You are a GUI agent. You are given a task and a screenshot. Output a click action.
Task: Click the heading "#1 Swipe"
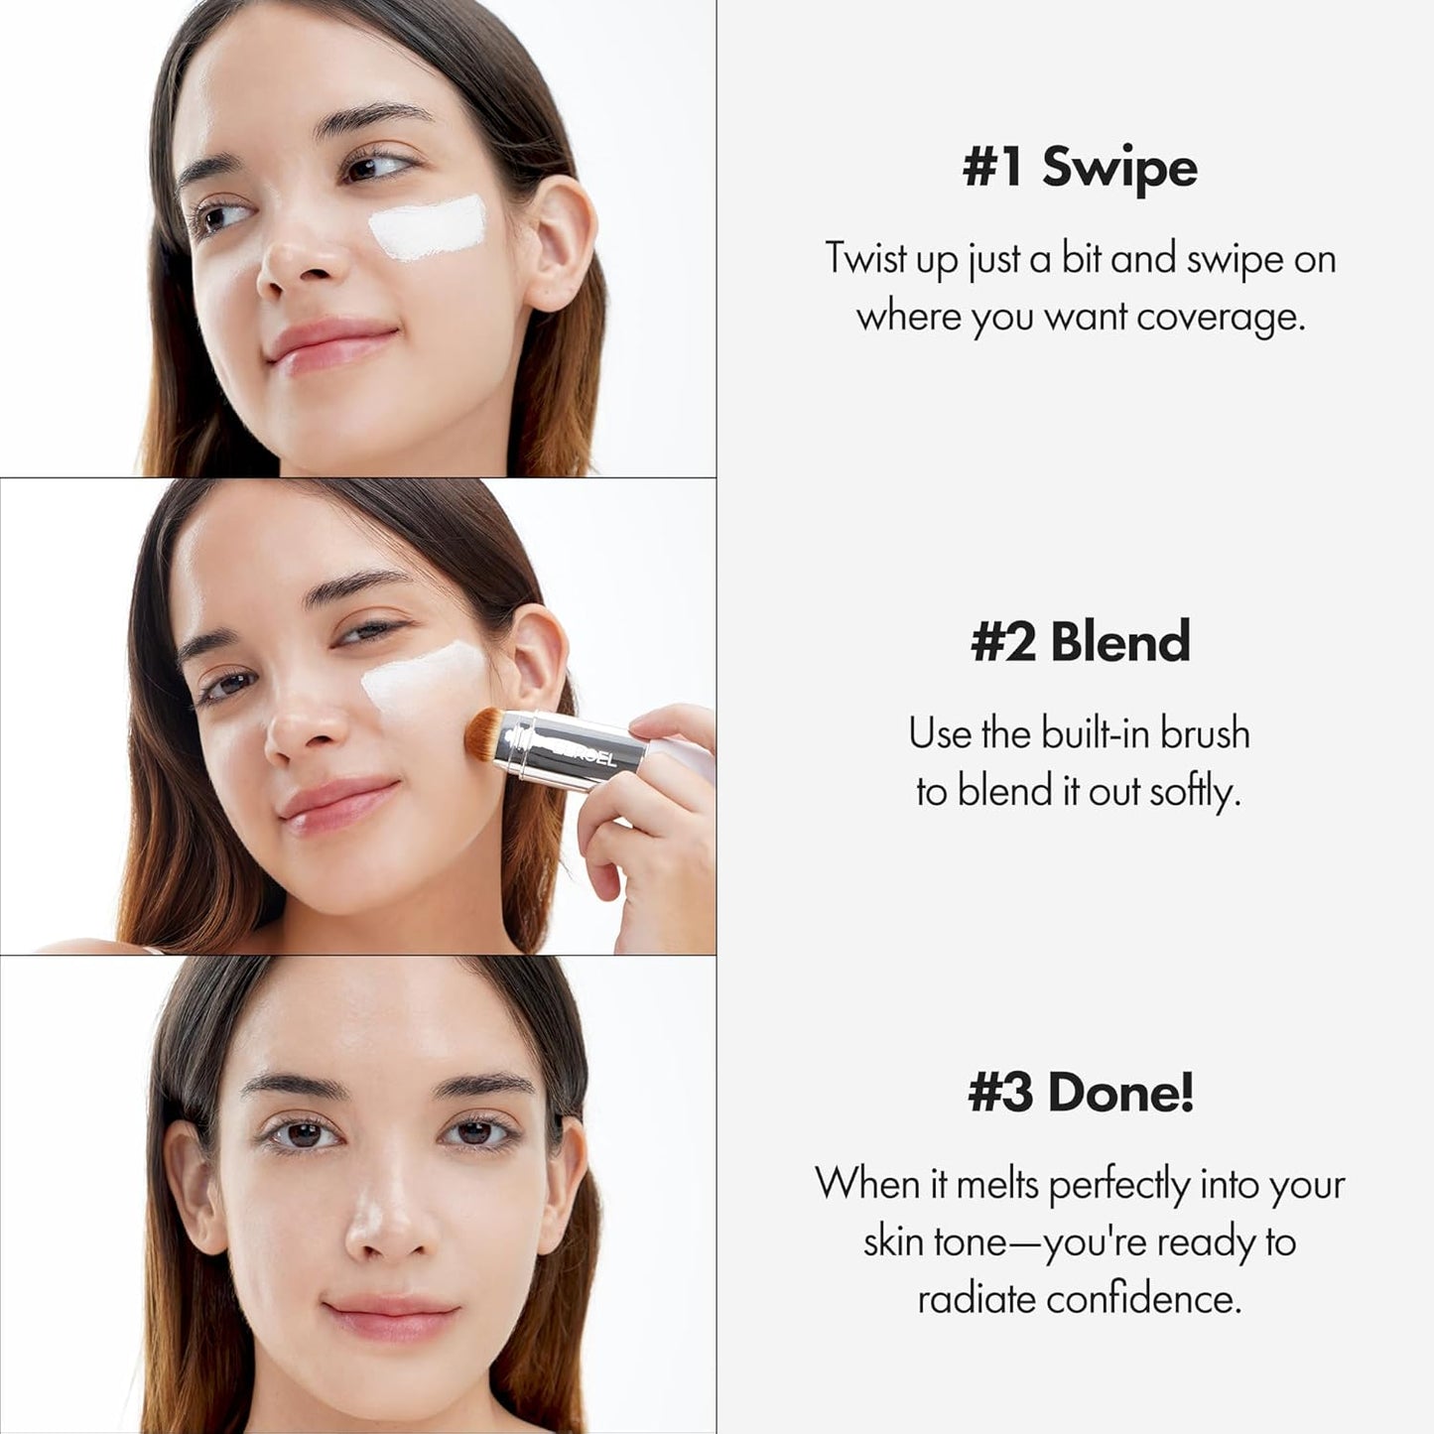click(1080, 167)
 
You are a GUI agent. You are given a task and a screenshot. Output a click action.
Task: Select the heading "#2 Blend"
click(1080, 641)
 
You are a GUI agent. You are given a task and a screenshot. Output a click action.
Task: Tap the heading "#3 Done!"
click(1080, 1093)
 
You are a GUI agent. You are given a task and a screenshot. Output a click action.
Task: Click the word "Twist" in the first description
click(865, 258)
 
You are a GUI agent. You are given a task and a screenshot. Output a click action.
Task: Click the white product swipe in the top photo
click(429, 226)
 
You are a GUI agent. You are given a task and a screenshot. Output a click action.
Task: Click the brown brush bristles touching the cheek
click(485, 733)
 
